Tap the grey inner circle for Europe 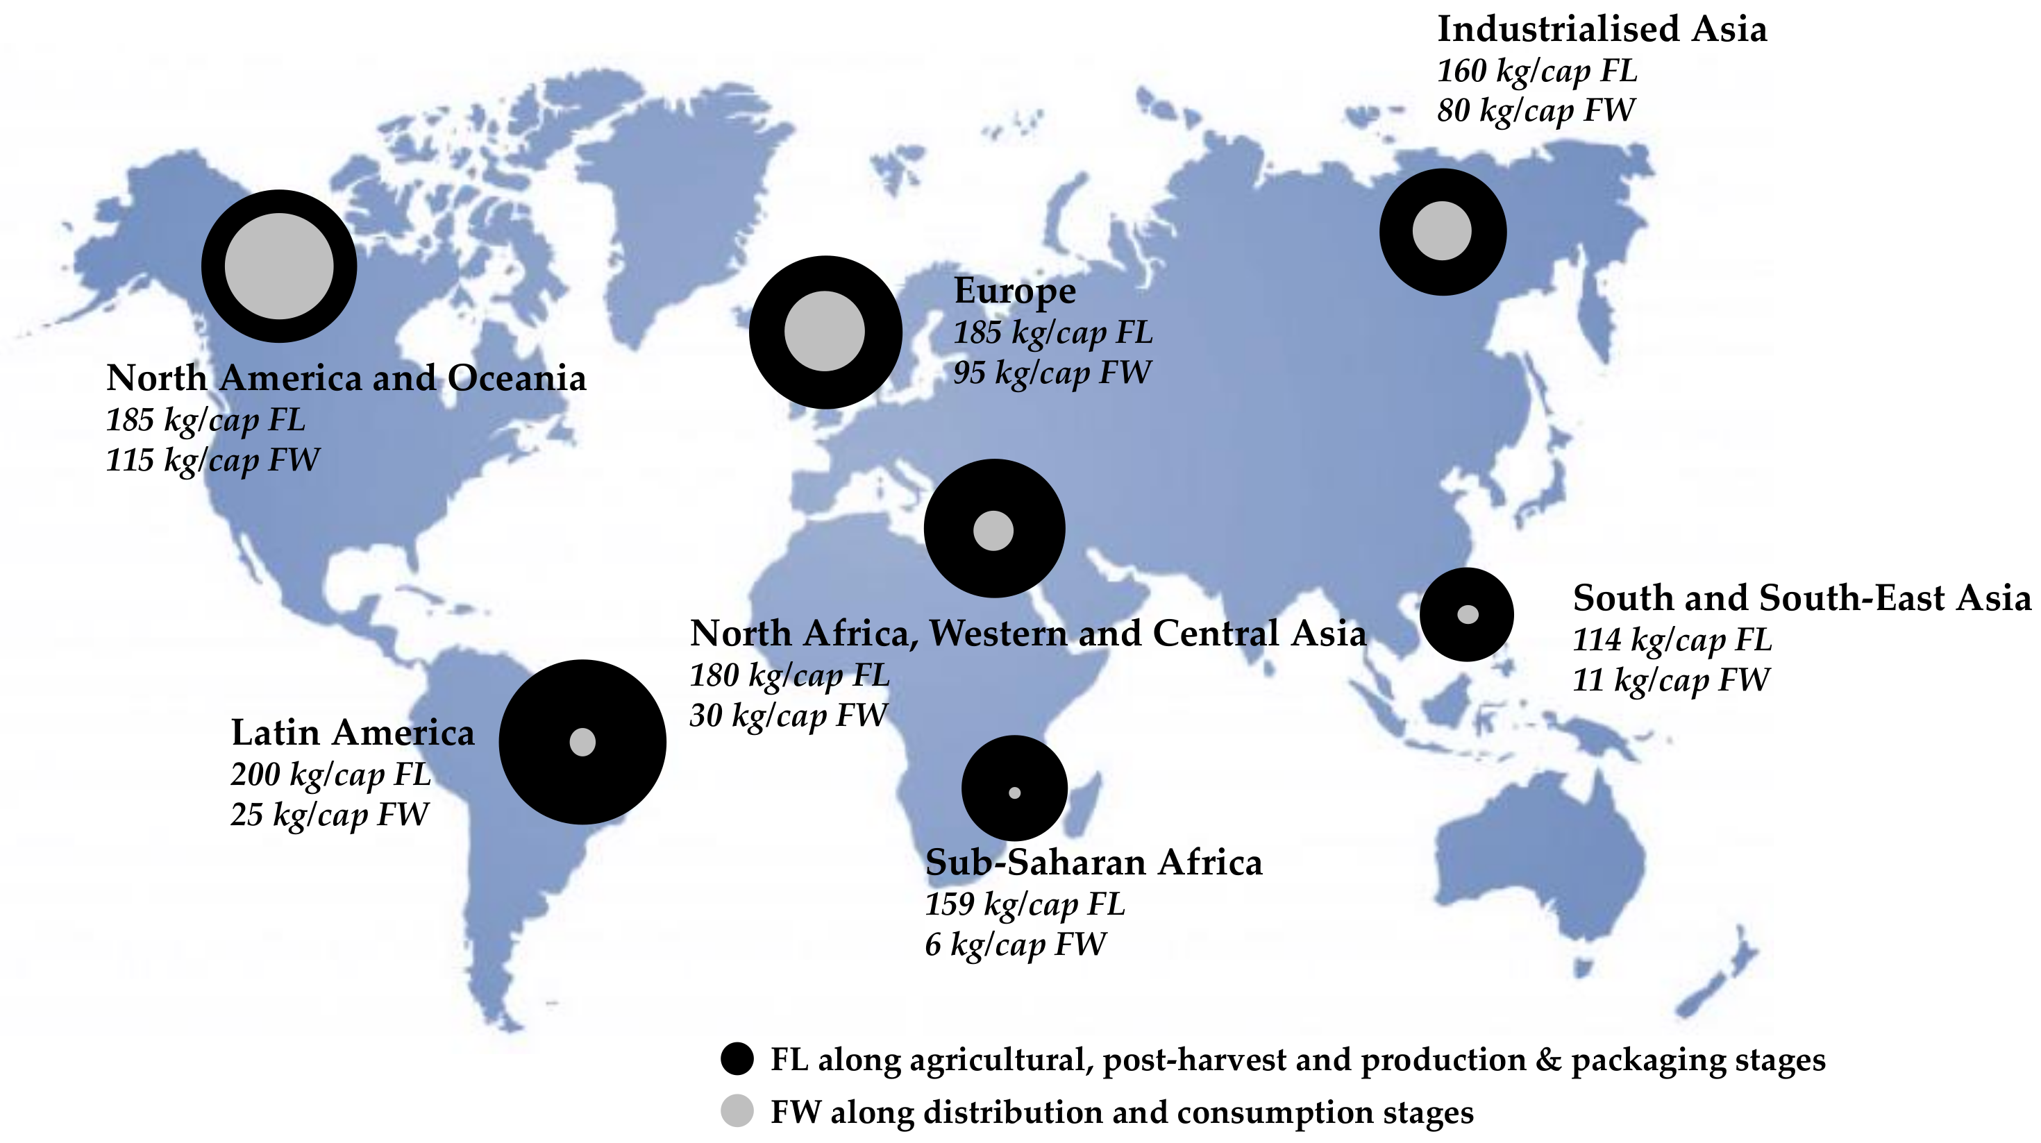[x=824, y=331]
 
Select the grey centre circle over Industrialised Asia [x=1442, y=230]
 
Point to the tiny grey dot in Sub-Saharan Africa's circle [x=1014, y=792]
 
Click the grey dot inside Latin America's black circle [x=582, y=742]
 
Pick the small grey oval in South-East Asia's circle [x=1468, y=614]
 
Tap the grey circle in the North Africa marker [x=993, y=530]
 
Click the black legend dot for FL [x=737, y=1059]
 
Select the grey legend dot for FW [x=737, y=1110]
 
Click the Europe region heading [x=1014, y=291]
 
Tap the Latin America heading [x=353, y=733]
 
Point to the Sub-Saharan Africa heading [x=1093, y=863]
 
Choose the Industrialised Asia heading [x=1602, y=29]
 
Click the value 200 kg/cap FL [x=330, y=774]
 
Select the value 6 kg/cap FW [x=1015, y=945]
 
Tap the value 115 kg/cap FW [x=212, y=460]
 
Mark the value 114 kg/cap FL [x=1672, y=640]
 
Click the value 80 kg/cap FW [x=1536, y=110]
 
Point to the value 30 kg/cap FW [x=787, y=716]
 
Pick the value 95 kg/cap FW [x=1052, y=372]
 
